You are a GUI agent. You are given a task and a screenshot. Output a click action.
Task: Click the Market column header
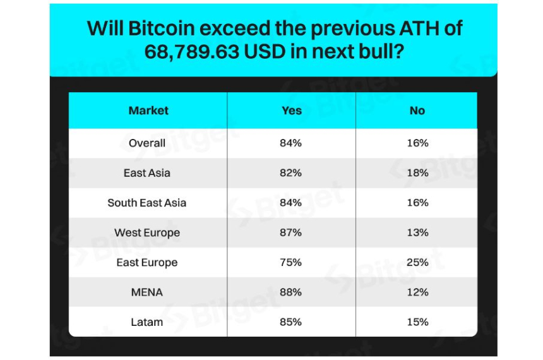pos(148,111)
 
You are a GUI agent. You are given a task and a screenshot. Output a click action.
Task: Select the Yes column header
pos(291,111)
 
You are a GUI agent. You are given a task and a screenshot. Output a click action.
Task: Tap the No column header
pos(417,111)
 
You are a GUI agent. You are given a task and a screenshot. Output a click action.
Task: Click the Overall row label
pos(147,143)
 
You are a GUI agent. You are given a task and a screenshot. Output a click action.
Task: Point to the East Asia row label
pos(147,173)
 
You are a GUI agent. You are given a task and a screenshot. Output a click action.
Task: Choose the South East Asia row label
pos(147,203)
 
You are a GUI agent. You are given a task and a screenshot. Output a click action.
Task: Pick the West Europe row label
pos(147,233)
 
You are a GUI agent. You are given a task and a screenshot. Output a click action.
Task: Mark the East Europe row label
pos(147,263)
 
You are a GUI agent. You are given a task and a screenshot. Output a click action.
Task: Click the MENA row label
pos(147,292)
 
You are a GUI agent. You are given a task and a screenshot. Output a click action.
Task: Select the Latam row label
pos(147,322)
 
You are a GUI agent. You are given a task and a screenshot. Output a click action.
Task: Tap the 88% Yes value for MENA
pos(290,292)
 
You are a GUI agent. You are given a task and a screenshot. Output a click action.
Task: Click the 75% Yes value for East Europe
pos(290,263)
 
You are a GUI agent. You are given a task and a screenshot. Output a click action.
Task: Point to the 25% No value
pos(418,263)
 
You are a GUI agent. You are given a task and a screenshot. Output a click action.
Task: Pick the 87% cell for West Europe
pos(290,233)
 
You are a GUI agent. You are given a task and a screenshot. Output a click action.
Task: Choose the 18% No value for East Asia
pos(418,173)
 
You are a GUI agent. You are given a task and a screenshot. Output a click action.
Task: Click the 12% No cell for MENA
pos(418,292)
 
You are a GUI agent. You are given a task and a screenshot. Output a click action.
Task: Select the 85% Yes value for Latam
pos(290,322)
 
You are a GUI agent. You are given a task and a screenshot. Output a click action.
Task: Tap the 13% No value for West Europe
pos(418,233)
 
